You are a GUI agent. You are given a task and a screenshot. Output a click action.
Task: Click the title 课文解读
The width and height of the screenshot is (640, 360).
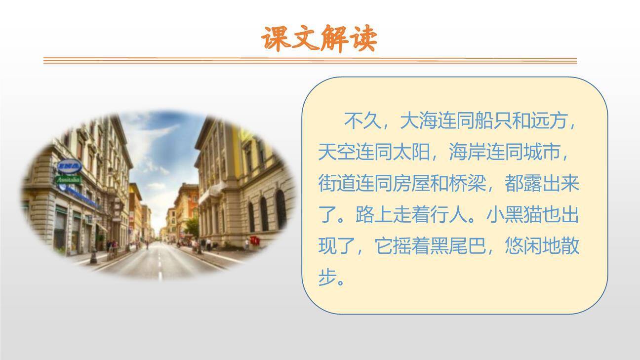(320, 39)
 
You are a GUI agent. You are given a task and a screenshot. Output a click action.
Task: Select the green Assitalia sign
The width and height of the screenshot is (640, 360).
(69, 180)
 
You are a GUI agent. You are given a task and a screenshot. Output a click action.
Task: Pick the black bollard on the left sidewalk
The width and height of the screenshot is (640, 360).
(93, 255)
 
